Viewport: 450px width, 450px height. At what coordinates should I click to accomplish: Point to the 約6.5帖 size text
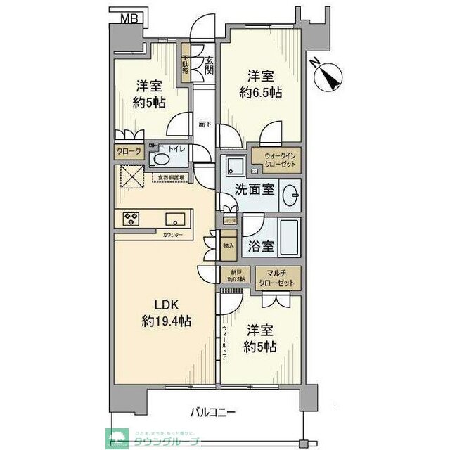(262, 91)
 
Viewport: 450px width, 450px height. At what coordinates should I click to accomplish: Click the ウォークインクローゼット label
(274, 159)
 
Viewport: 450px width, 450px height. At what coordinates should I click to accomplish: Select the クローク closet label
(129, 151)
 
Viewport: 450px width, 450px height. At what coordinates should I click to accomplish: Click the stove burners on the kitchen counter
(131, 217)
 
